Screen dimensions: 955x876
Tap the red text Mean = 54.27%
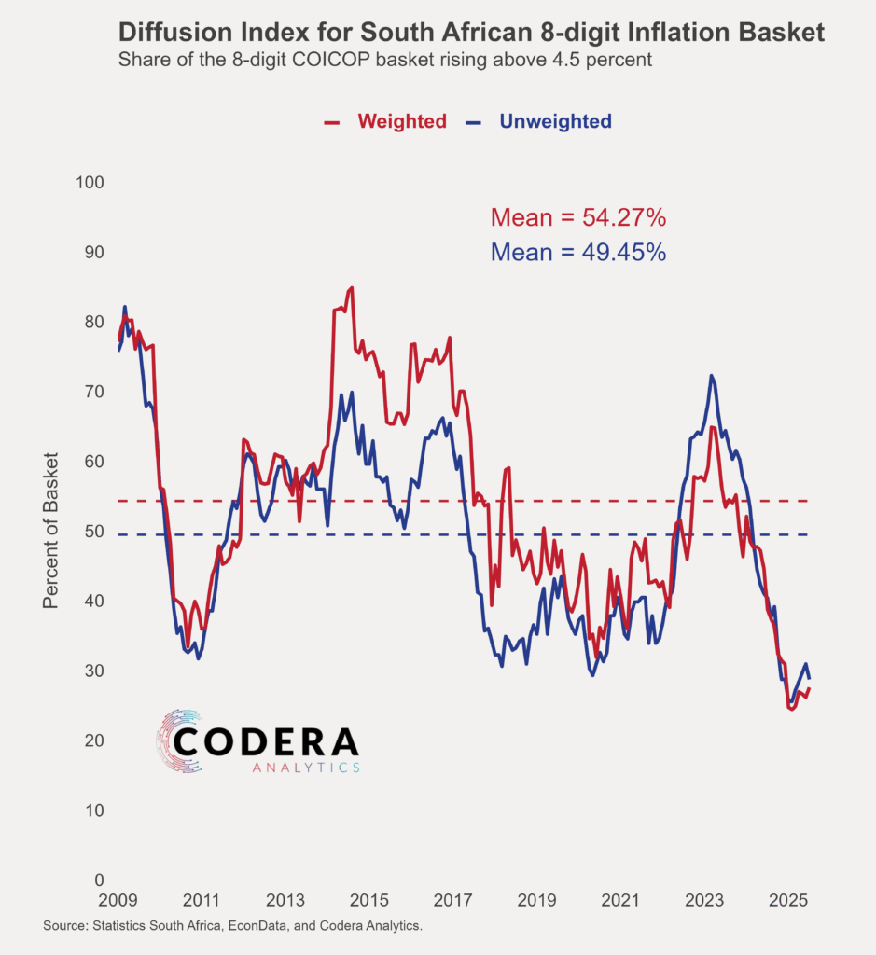577,218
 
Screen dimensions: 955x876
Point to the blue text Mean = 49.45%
577,252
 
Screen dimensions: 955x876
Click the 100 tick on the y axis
88,183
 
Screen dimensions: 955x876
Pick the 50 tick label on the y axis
91,532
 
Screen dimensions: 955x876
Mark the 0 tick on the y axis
98,880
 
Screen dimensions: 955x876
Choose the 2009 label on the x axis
118,901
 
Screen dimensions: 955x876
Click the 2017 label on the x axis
453,901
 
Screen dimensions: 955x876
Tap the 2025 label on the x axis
788,901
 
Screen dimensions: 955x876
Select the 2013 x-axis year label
285,901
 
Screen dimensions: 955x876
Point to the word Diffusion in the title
175,34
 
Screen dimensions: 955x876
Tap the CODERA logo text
266,741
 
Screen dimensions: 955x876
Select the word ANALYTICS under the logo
306,768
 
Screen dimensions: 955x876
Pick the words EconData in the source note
274,926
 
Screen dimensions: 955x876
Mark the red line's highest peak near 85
351,288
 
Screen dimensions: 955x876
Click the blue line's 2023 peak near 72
712,376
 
